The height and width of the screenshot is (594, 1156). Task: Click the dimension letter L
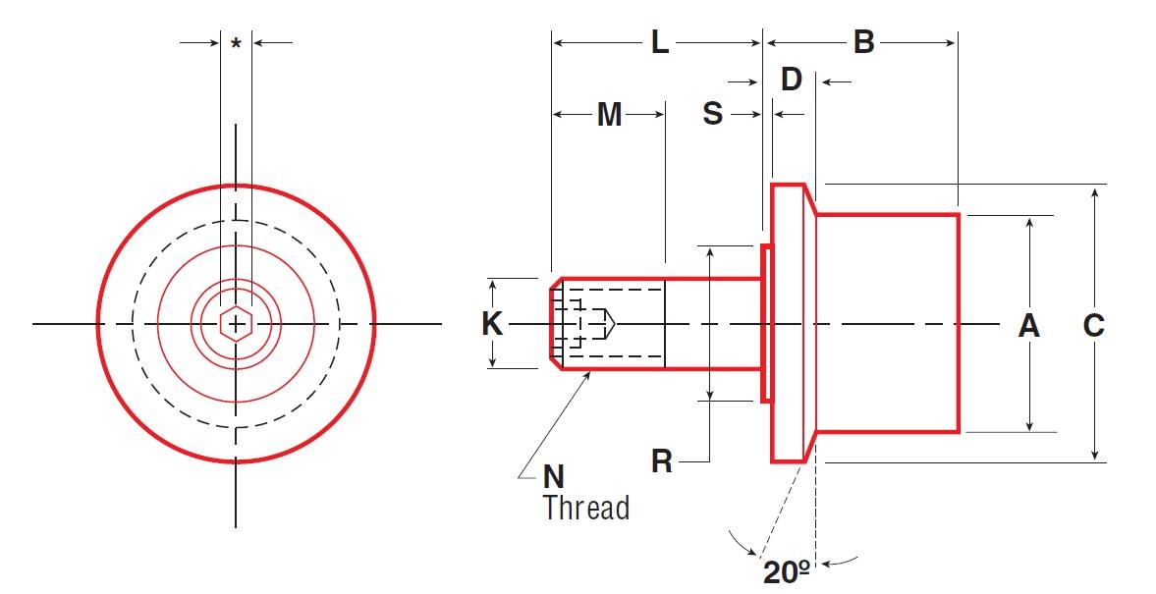[x=660, y=42]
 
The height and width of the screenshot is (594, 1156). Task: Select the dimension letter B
[x=863, y=42]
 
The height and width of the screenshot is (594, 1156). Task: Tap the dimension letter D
[x=791, y=81]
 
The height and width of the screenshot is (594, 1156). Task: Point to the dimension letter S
[x=712, y=115]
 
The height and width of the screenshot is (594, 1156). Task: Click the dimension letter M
[x=609, y=115]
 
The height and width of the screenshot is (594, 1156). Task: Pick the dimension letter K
[x=492, y=324]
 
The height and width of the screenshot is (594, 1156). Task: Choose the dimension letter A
[x=1028, y=325]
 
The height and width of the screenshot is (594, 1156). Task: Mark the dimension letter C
[x=1093, y=325]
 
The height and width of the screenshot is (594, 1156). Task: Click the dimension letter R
[x=662, y=461]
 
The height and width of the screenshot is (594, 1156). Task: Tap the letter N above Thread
[x=554, y=477]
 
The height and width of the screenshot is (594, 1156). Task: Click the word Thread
[x=585, y=508]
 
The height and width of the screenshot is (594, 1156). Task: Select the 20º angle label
[x=786, y=571]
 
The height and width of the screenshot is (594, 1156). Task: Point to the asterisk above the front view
[x=236, y=44]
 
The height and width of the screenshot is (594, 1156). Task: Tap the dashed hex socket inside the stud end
[x=587, y=323]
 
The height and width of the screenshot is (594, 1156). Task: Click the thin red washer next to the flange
[x=764, y=323]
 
